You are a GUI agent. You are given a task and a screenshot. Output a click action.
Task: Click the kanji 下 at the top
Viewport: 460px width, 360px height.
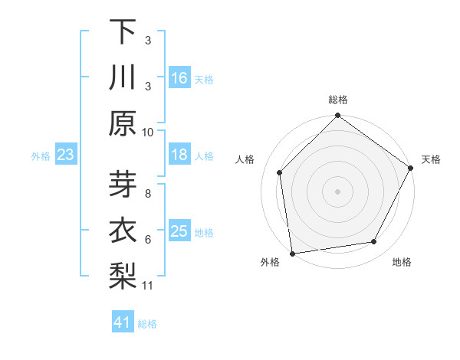122,33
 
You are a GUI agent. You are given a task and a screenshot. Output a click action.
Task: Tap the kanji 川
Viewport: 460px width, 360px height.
122,78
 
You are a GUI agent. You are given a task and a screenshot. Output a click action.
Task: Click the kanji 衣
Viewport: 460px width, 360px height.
122,231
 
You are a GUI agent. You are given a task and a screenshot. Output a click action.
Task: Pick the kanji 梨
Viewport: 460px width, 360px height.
122,277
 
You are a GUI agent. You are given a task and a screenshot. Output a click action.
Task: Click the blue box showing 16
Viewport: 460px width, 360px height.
179,78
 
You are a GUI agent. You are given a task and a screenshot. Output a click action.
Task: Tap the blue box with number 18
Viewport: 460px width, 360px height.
179,155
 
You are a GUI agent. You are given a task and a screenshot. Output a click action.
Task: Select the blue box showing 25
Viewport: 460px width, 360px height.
179,231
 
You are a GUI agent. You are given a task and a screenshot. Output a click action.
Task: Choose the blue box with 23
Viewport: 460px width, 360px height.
66,155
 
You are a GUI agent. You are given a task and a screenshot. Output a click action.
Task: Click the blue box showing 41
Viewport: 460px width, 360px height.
123,322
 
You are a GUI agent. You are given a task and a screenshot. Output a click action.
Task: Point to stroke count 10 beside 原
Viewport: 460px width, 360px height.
148,132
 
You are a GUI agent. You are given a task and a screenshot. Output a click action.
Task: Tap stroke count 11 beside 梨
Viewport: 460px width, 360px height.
148,286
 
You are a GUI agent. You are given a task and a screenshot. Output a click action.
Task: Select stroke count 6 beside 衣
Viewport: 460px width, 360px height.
148,240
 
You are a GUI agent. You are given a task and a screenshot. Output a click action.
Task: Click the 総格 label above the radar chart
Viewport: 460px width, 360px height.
338,100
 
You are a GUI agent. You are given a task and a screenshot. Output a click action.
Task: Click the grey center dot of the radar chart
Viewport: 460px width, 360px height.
338,191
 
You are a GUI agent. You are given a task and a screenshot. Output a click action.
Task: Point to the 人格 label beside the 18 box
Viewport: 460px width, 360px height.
204,155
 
